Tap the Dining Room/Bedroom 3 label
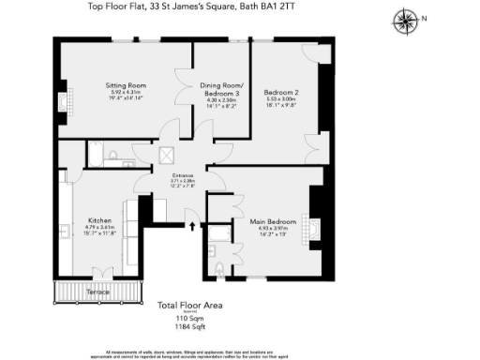click(x=220, y=88)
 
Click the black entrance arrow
click(x=192, y=225)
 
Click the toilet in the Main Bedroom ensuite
click(x=218, y=270)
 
